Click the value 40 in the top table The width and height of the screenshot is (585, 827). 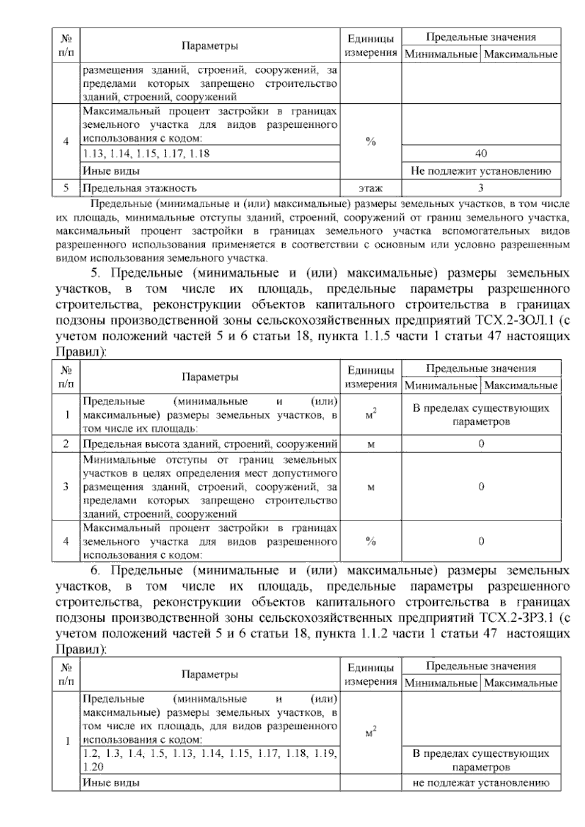tap(481, 154)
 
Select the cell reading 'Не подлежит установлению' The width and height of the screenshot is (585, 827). tap(481, 171)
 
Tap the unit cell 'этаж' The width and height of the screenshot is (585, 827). tap(370, 188)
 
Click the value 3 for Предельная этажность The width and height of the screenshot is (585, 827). tap(481, 188)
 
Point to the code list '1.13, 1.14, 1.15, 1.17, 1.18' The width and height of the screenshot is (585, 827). tap(146, 154)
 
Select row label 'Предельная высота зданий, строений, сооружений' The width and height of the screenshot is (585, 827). tap(210, 444)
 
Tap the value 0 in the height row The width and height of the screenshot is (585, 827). tap(481, 444)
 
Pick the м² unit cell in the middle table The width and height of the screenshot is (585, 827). tap(370, 415)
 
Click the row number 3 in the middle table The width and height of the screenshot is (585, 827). tap(66, 487)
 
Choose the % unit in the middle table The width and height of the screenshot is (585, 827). tap(370, 541)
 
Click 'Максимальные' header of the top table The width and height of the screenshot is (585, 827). tap(521, 54)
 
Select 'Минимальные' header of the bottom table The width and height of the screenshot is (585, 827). tap(441, 683)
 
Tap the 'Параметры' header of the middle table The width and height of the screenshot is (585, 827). tap(210, 377)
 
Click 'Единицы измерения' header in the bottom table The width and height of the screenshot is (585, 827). tap(370, 674)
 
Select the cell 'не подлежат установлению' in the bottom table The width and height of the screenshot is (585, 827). tap(481, 784)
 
